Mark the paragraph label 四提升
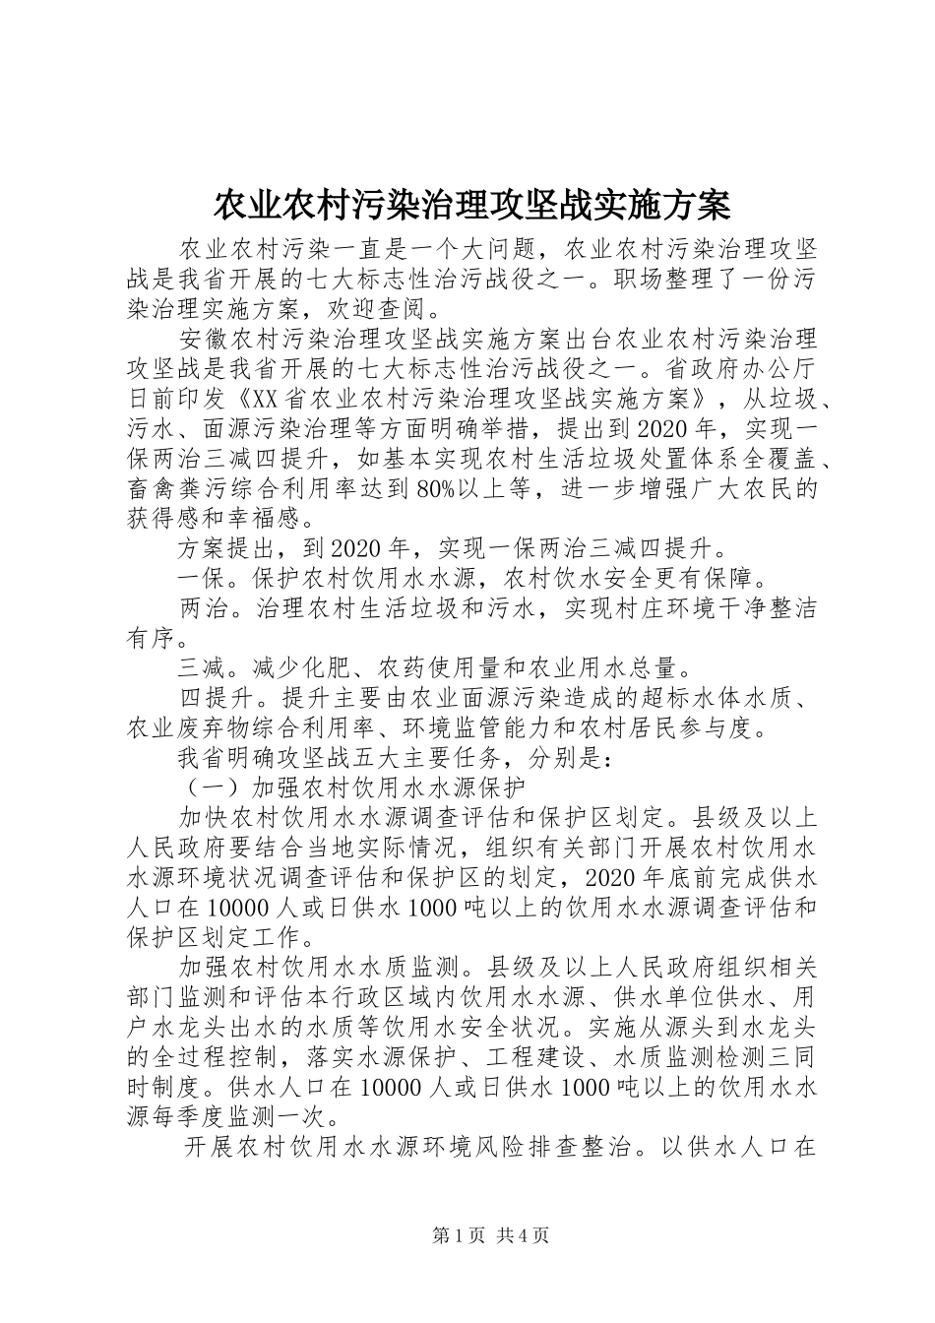tap(215, 699)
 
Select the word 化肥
tap(326, 668)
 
